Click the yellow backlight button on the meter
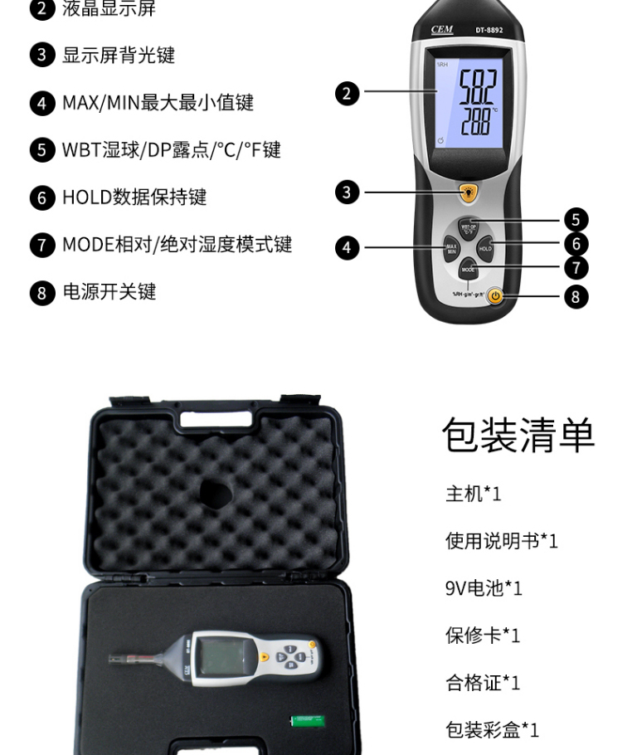click(469, 193)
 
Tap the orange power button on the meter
click(495, 295)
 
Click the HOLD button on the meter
click(485, 248)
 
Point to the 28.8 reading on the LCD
click(469, 121)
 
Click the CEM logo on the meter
click(442, 30)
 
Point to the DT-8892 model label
click(489, 31)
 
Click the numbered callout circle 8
click(576, 296)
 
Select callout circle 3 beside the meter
click(348, 192)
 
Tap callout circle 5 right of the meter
click(576, 220)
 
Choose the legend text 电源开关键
click(109, 292)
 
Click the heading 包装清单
click(518, 436)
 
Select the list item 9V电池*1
click(484, 588)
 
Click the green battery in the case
click(305, 721)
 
